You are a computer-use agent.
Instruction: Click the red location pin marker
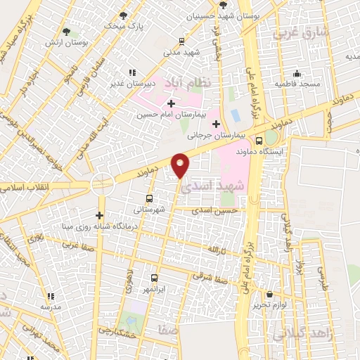pyautogui.click(x=181, y=165)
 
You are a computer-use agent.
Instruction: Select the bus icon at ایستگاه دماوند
pyautogui.click(x=259, y=140)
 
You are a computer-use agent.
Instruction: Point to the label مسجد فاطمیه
pyautogui.click(x=297, y=84)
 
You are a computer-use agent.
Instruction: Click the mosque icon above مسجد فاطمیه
pyautogui.click(x=297, y=72)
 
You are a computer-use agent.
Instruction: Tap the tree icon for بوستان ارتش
pyautogui.click(x=67, y=32)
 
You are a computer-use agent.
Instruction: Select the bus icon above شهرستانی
pyautogui.click(x=149, y=198)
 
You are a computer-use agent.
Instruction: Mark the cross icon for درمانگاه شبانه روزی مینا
pyautogui.click(x=100, y=215)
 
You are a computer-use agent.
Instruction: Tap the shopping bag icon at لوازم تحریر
pyautogui.click(x=270, y=295)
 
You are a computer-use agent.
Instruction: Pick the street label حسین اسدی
pyautogui.click(x=217, y=210)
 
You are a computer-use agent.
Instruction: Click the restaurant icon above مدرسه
pyautogui.click(x=50, y=296)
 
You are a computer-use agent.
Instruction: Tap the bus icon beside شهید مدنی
pyautogui.click(x=183, y=41)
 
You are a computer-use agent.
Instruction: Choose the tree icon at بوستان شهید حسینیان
pyautogui.click(x=223, y=4)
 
